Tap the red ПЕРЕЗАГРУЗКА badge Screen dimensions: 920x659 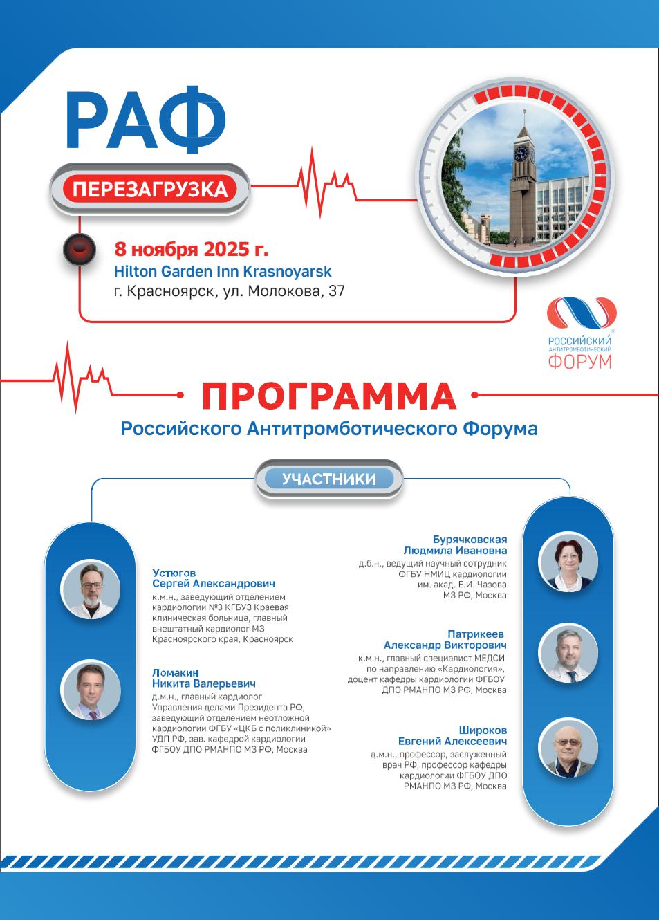[x=149, y=188]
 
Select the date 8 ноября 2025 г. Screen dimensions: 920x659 [x=192, y=248]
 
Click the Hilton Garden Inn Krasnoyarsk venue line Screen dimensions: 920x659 [x=223, y=271]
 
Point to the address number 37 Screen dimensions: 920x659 [x=336, y=291]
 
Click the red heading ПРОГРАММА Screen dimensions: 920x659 [x=329, y=395]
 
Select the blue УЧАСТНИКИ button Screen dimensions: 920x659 [x=329, y=479]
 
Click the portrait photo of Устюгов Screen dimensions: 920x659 [x=91, y=589]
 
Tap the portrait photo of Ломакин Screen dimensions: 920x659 [x=91, y=690]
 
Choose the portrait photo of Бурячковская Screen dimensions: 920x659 [x=566, y=562]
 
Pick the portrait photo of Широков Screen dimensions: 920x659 [x=566, y=746]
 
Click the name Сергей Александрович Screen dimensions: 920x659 [x=213, y=584]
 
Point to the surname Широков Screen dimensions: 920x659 [x=483, y=730]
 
